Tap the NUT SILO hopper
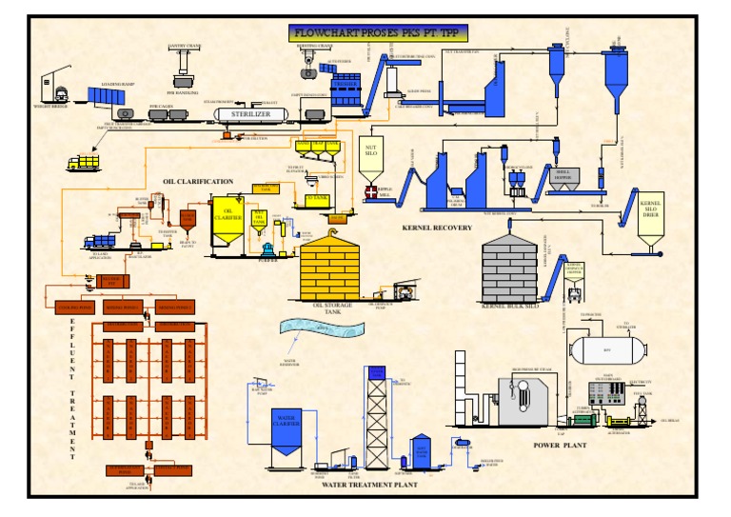point(372,158)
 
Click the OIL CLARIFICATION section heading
point(197,180)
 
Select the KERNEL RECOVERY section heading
point(438,228)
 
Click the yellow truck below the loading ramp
point(83,163)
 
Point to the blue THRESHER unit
point(344,91)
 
